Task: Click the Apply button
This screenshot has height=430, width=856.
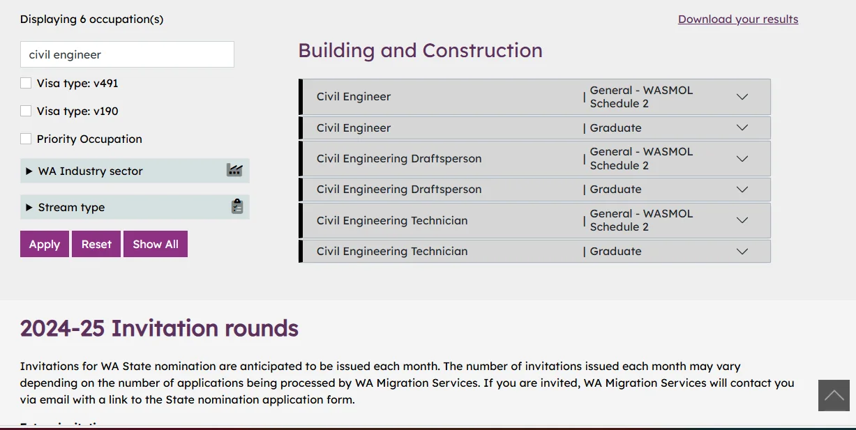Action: tap(45, 244)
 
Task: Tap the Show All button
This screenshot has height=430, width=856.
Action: tap(155, 244)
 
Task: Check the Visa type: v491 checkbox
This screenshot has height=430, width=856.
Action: tap(26, 83)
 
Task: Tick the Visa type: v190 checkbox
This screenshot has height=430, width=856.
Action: tap(26, 111)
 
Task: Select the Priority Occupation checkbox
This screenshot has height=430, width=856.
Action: tap(26, 139)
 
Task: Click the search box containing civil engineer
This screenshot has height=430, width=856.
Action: tap(127, 54)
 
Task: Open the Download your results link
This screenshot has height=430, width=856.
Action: tap(738, 19)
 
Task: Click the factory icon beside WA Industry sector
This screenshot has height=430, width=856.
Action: tap(234, 170)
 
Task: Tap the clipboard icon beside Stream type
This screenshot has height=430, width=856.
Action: tap(237, 206)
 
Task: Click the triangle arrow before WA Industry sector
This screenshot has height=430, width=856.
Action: tap(29, 171)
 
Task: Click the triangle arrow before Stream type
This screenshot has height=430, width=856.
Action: tap(29, 208)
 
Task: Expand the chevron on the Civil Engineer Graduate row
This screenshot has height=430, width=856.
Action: tap(742, 128)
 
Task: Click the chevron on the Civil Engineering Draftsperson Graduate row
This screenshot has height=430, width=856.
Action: tap(742, 190)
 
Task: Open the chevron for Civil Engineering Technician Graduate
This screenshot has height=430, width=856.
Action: tap(742, 252)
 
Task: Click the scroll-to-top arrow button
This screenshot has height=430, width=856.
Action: tap(834, 395)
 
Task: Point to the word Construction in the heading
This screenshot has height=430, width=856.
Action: tap(482, 50)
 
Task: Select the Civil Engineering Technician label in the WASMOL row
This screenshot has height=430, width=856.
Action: tap(391, 220)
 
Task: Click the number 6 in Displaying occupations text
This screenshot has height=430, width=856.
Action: tap(83, 19)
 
